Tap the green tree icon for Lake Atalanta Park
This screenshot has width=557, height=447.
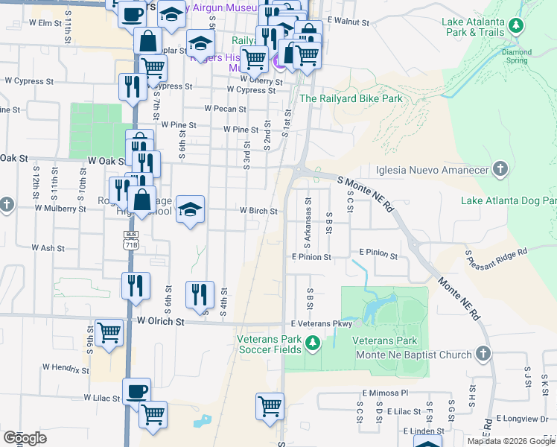515,28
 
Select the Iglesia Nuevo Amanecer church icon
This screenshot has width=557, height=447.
500,169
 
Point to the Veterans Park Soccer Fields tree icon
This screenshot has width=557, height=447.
313,343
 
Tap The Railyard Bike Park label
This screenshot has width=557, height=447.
351,98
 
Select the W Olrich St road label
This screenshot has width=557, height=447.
159,322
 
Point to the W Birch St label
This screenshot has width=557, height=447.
258,211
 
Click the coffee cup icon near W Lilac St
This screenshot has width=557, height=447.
136,390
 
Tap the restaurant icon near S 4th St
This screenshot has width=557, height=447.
200,294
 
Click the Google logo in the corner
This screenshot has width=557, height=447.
25,438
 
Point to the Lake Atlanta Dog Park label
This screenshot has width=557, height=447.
508,200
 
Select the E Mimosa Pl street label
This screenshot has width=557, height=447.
386,393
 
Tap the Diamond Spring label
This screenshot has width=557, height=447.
516,57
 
